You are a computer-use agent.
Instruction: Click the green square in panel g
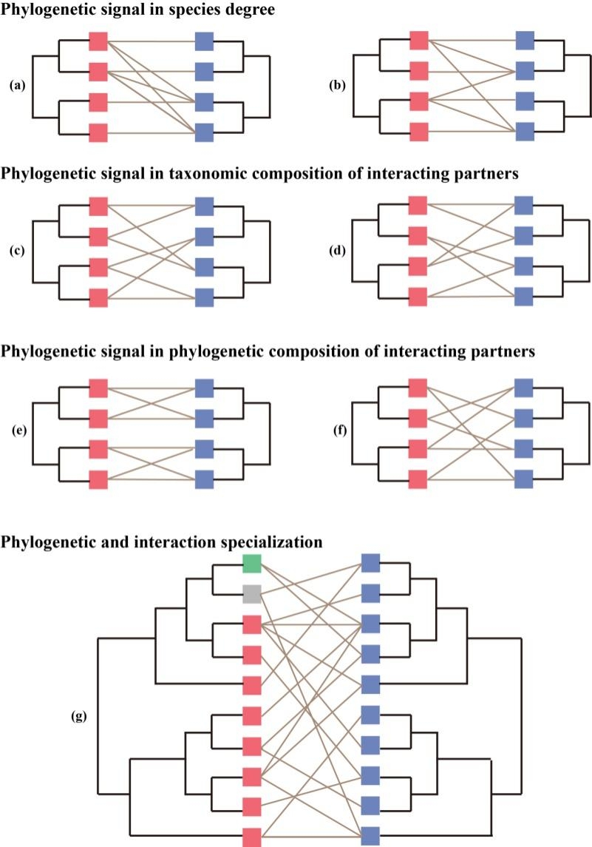252,564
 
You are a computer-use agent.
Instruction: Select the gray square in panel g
252,593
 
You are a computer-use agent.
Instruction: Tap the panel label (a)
17,85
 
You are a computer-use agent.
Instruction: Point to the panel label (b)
338,85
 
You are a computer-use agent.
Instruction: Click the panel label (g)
77,716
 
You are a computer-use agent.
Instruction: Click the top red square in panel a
98,41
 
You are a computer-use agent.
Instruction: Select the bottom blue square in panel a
205,132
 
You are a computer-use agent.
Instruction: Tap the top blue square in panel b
525,41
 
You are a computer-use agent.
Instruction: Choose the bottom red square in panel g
252,837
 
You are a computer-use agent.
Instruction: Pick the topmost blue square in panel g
370,564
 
